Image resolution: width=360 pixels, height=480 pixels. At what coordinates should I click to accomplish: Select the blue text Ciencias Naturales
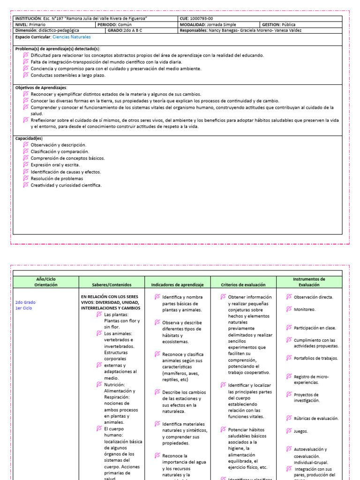72,37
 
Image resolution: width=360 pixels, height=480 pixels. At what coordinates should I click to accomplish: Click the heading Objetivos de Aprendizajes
41,88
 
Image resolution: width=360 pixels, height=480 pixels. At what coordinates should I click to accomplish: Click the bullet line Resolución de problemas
57,179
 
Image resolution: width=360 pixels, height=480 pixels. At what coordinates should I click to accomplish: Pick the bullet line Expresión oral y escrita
55,165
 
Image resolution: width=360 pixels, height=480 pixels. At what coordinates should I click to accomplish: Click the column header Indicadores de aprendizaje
177,285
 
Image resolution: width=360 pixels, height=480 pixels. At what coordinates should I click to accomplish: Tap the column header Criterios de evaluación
243,285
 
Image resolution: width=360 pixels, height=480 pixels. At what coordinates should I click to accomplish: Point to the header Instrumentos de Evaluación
309,282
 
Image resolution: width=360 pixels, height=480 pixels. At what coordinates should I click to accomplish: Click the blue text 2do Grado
25,302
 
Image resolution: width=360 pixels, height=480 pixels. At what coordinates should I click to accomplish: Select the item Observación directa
313,297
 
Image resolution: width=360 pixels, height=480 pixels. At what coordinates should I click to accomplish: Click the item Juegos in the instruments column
301,431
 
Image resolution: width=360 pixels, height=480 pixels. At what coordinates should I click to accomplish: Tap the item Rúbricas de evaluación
316,419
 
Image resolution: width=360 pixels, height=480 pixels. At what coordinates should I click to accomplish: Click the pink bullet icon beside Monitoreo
289,309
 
